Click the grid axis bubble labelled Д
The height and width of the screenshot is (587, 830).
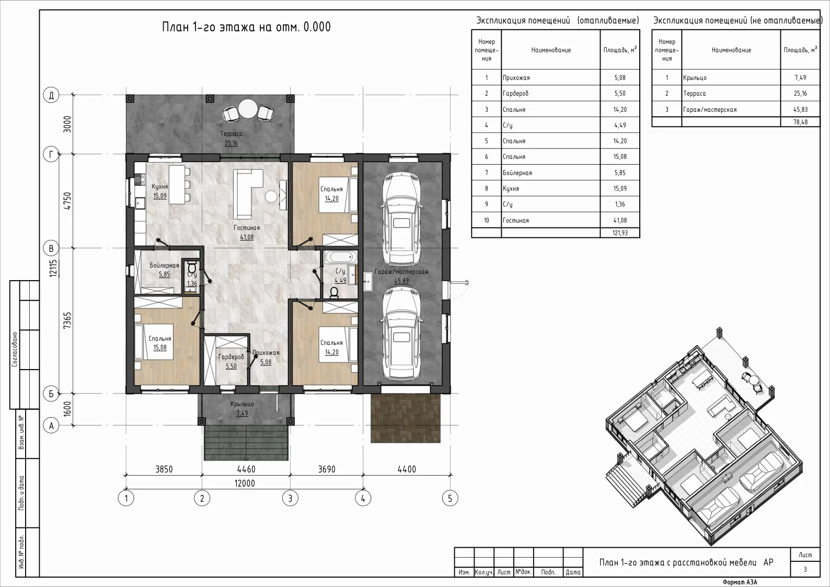(51, 95)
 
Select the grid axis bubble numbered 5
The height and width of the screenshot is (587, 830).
(450, 499)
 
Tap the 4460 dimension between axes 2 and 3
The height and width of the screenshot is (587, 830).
(246, 469)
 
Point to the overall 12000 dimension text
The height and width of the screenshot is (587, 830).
(245, 483)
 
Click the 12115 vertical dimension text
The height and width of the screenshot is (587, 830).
(53, 268)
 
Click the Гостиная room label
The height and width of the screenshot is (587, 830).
(247, 228)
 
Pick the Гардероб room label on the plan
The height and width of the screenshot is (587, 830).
(231, 357)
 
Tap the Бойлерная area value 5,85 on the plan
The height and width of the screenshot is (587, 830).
(164, 274)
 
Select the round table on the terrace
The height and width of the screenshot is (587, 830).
(248, 109)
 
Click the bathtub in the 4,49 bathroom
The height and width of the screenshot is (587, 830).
(341, 257)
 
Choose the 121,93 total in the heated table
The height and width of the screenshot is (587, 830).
(620, 233)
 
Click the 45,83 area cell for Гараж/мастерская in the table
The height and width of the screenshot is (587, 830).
(800, 109)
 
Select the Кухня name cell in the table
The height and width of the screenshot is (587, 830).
(550, 188)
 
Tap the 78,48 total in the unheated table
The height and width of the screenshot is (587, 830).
(800, 122)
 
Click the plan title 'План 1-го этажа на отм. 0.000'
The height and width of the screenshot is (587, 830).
(246, 27)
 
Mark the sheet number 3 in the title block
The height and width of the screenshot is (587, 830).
(805, 569)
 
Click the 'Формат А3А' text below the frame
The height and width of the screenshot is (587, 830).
(740, 582)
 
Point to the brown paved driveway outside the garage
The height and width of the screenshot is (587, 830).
(406, 418)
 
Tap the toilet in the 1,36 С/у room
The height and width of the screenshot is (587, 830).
(192, 267)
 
